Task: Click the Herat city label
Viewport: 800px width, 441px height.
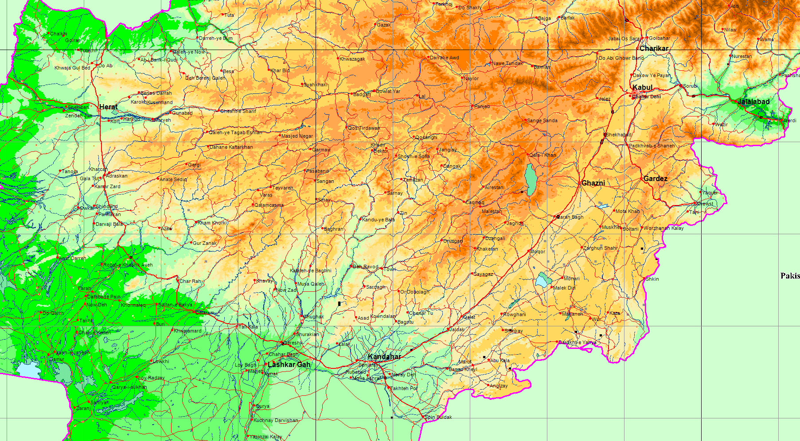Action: [x=109, y=107]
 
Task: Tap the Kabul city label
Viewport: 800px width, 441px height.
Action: [x=642, y=87]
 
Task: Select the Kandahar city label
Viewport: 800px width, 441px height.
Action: [x=384, y=357]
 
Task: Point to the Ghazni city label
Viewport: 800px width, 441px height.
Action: [x=593, y=183]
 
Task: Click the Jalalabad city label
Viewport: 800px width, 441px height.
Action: [x=753, y=101]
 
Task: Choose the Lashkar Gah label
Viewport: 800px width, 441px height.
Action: [x=289, y=364]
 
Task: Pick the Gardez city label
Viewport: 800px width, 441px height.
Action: [x=655, y=178]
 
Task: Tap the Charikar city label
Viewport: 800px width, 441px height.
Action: [x=654, y=48]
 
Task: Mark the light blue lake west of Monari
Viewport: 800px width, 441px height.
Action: [x=542, y=280]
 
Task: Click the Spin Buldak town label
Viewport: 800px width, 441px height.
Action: [x=438, y=417]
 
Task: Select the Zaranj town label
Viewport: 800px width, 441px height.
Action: [x=83, y=408]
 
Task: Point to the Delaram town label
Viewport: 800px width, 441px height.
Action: [x=204, y=313]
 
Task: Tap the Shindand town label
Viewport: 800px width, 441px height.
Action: [x=106, y=206]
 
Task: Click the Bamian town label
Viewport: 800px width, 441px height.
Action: [x=542, y=67]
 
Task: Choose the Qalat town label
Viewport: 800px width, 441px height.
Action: [x=469, y=317]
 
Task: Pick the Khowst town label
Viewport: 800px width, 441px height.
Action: [x=705, y=204]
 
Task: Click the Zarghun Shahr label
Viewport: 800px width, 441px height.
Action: [x=600, y=248]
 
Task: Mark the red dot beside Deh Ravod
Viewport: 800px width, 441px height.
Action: [x=351, y=266]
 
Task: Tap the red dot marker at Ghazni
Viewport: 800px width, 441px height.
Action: [x=579, y=183]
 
